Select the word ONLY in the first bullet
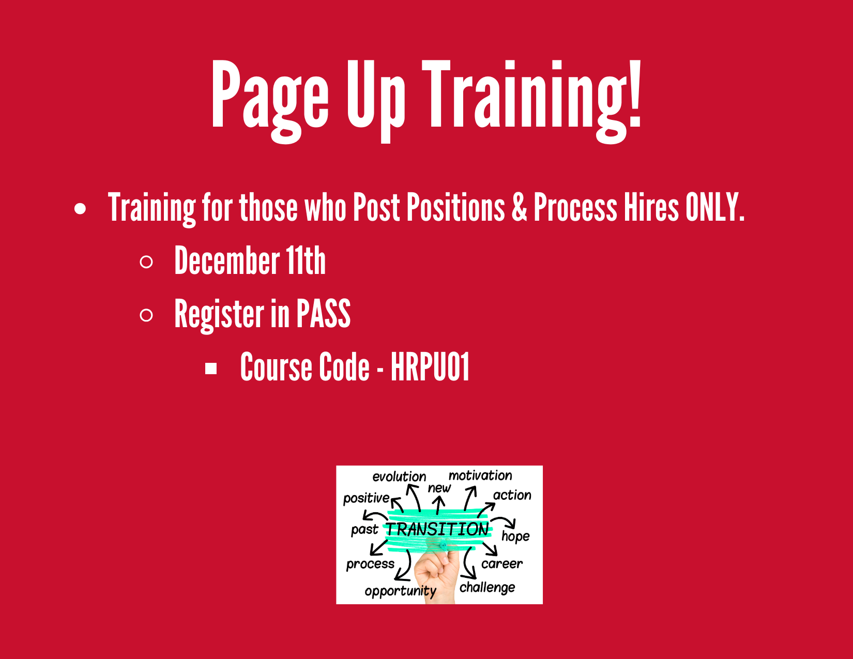[x=714, y=207]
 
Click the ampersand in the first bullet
[x=519, y=207]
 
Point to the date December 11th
[x=250, y=260]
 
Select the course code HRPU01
[x=430, y=366]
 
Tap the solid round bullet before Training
[x=80, y=208]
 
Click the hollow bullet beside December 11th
[x=146, y=262]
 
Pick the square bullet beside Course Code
[x=211, y=369]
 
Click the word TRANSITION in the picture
[x=437, y=529]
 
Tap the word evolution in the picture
[x=399, y=477]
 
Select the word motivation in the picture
[x=480, y=476]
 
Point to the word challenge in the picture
[x=487, y=588]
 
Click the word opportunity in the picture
[x=401, y=591]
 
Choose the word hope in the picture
[x=515, y=537]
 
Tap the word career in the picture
[x=502, y=563]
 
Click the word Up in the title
[x=376, y=101]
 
